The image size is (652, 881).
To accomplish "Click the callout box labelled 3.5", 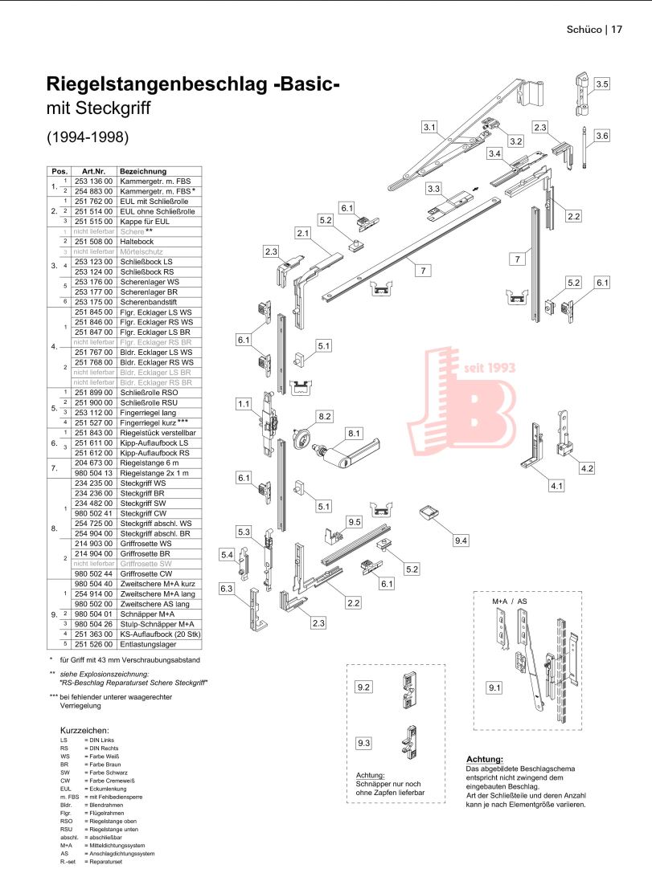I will coord(602,84).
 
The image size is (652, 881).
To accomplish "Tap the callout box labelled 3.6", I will coord(602,136).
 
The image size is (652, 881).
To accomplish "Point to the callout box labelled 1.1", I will coord(244,404).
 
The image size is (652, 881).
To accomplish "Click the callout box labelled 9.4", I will coord(460,540).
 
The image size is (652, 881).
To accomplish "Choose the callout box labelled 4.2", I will coord(585,467).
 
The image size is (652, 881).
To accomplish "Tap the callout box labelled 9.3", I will coord(363,744).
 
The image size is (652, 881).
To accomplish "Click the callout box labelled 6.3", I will coord(228,589).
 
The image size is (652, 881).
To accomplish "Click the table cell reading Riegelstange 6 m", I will coord(147,465).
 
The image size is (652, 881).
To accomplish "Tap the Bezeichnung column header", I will coord(143,171).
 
